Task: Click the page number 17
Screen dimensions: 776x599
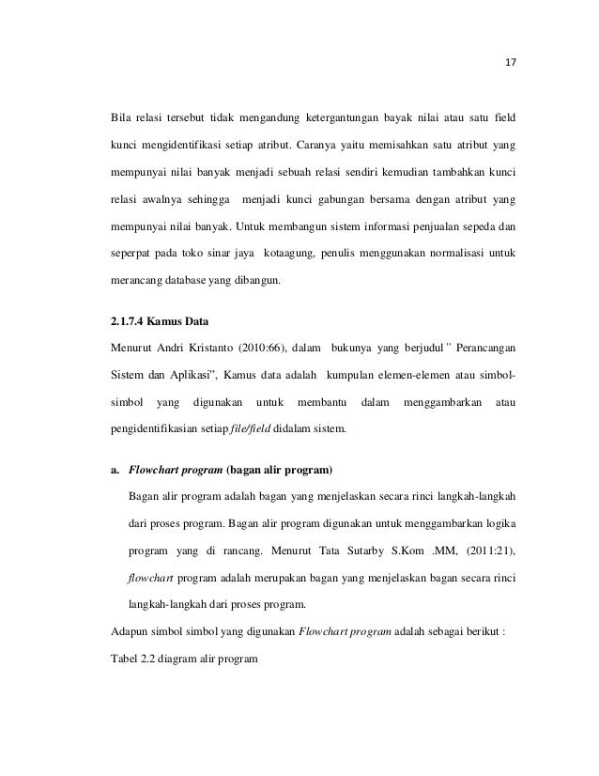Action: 511,65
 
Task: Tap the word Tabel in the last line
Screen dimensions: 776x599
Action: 124,659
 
